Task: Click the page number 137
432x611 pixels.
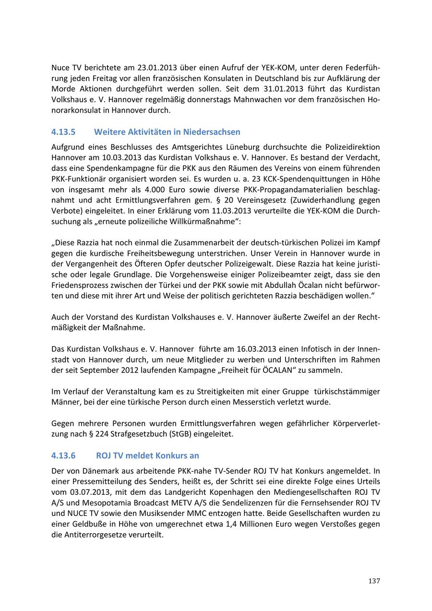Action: [x=374, y=581]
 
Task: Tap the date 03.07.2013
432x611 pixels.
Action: [x=92, y=492]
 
